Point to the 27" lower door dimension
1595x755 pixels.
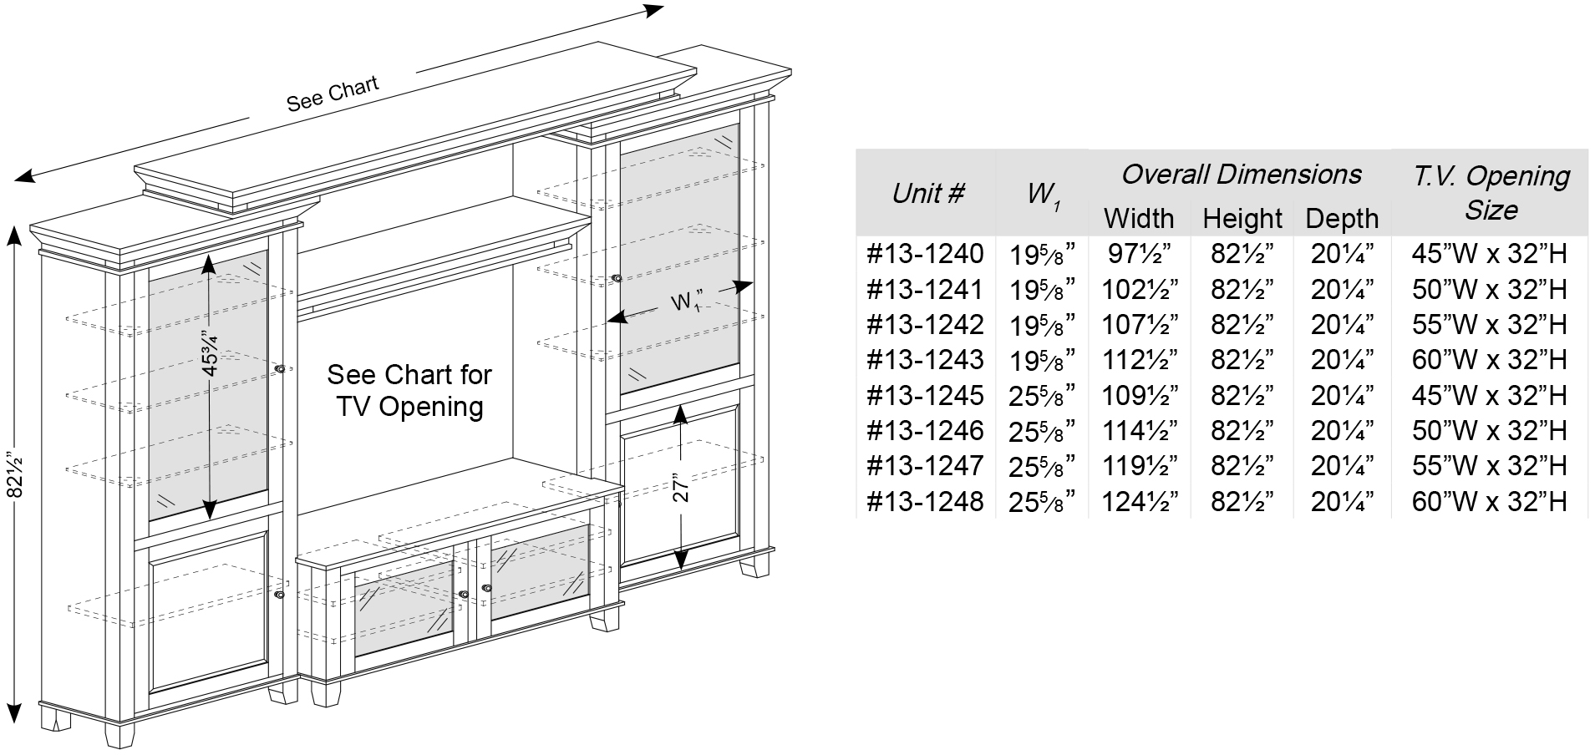(682, 488)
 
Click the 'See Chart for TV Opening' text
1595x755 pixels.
(409, 390)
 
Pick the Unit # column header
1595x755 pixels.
(927, 194)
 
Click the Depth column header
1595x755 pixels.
(1342, 218)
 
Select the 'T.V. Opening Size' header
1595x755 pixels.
(1491, 192)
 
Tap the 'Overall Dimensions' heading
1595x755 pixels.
(1241, 174)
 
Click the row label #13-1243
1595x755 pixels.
(925, 360)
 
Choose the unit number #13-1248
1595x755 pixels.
(925, 501)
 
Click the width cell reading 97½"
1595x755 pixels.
(1140, 253)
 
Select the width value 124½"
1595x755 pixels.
(1140, 501)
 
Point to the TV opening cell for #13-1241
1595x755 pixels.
(1489, 289)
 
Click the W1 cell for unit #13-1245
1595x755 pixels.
(1041, 396)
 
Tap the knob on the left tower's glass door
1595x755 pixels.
(279, 368)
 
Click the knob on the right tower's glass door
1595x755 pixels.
(617, 278)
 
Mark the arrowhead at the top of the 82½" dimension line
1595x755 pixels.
(14, 236)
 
